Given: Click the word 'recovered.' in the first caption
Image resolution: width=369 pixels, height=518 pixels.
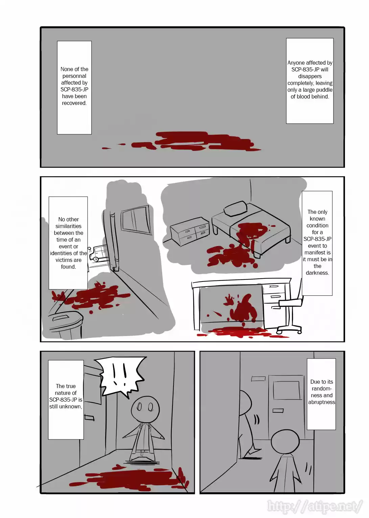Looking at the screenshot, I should pos(74,103).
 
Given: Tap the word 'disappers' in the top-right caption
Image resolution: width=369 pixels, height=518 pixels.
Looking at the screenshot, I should pos(310,76).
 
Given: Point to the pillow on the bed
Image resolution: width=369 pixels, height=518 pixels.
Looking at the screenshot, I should pos(236,208).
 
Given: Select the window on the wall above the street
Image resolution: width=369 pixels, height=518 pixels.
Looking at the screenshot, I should pos(136,220).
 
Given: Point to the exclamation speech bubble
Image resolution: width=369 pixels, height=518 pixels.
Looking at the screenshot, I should pos(122,376).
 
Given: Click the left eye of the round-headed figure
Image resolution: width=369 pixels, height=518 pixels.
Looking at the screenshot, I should pos(139,406).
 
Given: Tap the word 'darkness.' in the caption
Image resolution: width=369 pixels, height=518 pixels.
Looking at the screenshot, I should pos(317,273).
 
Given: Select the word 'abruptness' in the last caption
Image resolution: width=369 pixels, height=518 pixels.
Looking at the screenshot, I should pos(322,402).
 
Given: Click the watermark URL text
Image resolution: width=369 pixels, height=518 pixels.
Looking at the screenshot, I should pos(315,506).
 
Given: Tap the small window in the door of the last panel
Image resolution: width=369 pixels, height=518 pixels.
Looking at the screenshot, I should pos(287,390).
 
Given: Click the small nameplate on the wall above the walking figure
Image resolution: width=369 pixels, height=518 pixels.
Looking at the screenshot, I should pos(258,379).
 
